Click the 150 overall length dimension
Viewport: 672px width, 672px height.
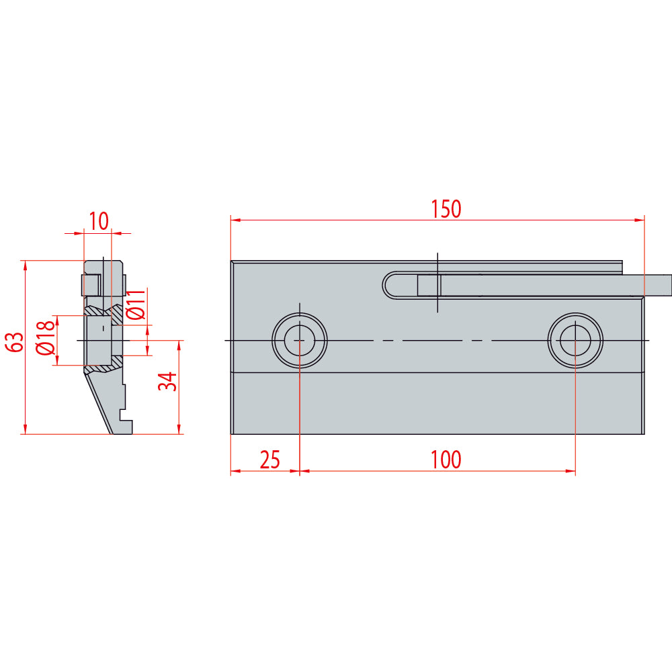pos(446,209)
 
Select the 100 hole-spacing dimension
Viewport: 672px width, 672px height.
pos(446,460)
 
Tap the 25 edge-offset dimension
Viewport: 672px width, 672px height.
pos(270,460)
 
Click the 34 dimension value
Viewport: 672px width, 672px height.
pos(167,382)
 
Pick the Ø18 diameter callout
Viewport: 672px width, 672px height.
pos(46,338)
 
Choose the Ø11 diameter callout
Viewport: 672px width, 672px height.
pos(136,304)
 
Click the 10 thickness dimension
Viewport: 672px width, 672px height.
pos(99,221)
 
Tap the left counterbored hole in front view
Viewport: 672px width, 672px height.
pos(300,340)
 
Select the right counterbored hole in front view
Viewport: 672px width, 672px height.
pos(575,340)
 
